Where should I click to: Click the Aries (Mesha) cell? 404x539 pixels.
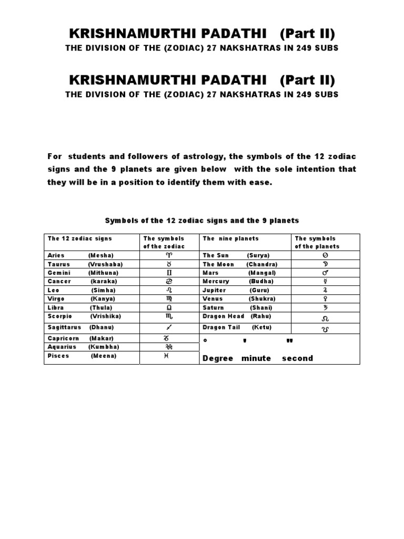coord(81,255)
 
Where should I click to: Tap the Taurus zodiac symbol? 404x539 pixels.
coord(169,264)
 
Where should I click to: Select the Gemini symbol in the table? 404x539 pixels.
coord(169,273)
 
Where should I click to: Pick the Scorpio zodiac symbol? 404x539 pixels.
coord(169,316)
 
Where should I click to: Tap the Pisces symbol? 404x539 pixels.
coord(169,356)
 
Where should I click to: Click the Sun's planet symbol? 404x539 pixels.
coord(325,255)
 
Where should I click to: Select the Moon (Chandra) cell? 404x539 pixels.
coord(240,264)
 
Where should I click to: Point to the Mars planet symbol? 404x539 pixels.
coord(325,273)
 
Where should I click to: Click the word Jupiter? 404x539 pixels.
coord(215,290)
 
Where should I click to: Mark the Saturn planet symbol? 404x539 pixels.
coord(325,307)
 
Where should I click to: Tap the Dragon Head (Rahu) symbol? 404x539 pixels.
coord(325,318)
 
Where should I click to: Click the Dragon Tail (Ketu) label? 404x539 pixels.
coord(237,327)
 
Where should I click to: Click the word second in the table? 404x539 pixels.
coord(297,358)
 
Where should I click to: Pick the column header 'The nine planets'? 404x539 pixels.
coord(224,238)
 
